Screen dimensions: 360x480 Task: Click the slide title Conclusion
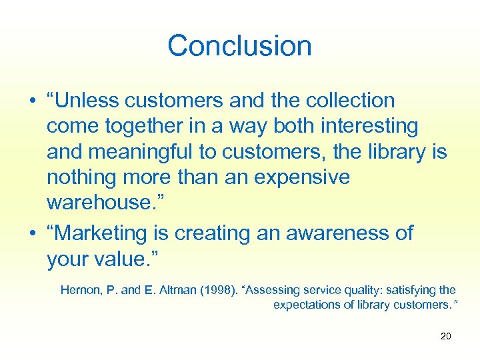click(x=239, y=46)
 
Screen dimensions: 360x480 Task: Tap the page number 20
click(x=446, y=336)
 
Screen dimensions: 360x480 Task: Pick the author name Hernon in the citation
click(x=79, y=290)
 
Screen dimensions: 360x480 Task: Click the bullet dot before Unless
click(x=32, y=101)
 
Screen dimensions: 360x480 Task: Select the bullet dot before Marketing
click(x=32, y=234)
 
